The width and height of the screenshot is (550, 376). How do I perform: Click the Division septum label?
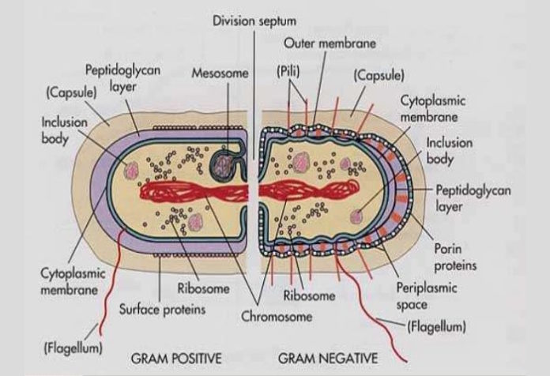click(x=255, y=20)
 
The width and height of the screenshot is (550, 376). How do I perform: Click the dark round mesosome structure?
click(x=227, y=163)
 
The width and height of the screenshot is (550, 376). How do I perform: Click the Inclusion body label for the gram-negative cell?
click(x=449, y=151)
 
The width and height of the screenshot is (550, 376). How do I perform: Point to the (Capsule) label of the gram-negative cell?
click(x=379, y=76)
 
